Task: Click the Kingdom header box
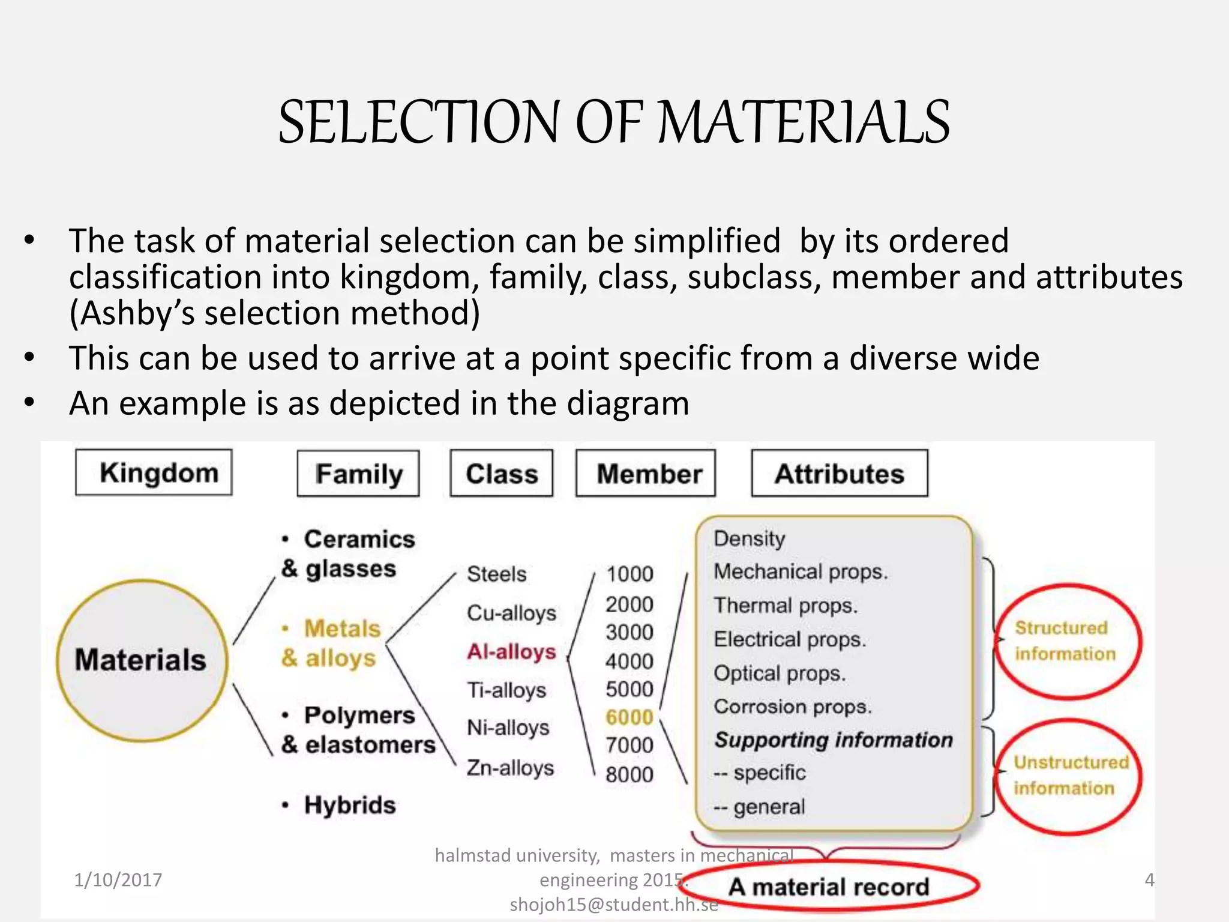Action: click(154, 472)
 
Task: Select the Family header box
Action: click(358, 474)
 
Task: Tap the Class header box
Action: click(502, 474)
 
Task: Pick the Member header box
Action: click(646, 474)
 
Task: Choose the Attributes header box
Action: click(840, 474)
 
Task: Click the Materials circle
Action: click(142, 660)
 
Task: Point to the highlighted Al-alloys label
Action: click(512, 651)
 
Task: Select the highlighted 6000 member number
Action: click(629, 717)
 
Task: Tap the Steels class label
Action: click(497, 574)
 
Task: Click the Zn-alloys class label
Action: click(511, 768)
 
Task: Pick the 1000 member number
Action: click(629, 574)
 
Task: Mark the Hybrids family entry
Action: click(349, 805)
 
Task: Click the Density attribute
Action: click(750, 538)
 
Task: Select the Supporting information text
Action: click(834, 740)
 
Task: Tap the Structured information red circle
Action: click(1068, 641)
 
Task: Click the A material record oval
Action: click(830, 887)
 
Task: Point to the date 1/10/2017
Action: click(118, 880)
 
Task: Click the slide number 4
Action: click(1149, 880)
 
